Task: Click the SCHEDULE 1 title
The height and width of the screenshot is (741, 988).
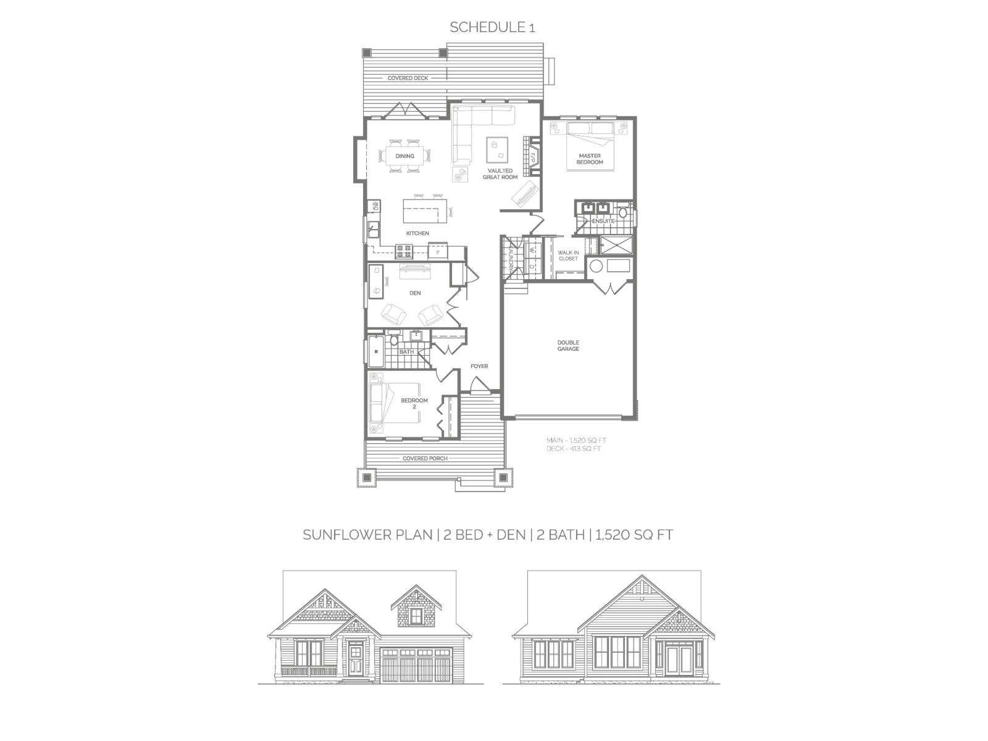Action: click(x=492, y=27)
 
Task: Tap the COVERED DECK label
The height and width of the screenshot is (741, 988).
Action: click(x=408, y=78)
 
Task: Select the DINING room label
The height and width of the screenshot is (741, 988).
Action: click(x=405, y=156)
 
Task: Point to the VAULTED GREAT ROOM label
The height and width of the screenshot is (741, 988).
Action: click(x=500, y=174)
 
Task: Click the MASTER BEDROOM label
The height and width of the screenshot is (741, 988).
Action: click(x=590, y=159)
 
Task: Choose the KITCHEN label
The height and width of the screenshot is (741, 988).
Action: click(x=417, y=233)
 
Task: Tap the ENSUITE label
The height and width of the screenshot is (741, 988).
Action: click(x=603, y=221)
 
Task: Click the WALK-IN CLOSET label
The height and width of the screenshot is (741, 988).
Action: click(x=568, y=256)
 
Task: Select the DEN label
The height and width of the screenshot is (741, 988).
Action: click(x=415, y=293)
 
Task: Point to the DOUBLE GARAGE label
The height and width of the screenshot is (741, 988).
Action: click(x=568, y=346)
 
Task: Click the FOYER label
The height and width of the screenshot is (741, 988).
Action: click(x=479, y=366)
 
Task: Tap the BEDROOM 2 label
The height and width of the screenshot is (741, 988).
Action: click(x=414, y=403)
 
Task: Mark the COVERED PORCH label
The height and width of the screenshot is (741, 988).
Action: click(x=425, y=458)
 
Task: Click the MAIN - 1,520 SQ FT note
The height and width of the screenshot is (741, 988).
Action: click(x=576, y=440)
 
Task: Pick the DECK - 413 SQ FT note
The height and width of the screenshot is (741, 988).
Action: click(x=574, y=449)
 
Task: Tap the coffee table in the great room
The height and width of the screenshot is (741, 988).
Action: click(x=497, y=148)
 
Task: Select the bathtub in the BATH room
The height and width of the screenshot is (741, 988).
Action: click(x=375, y=351)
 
